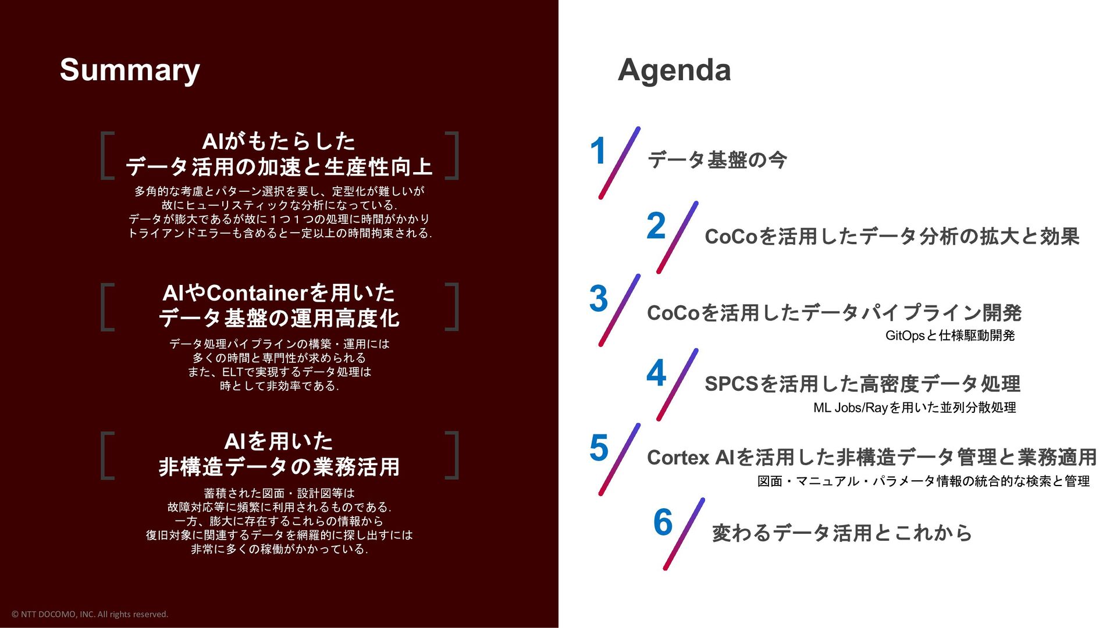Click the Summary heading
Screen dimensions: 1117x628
click(130, 70)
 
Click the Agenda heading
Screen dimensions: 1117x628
click(674, 70)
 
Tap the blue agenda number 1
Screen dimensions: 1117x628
click(599, 151)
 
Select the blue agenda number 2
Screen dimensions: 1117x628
click(656, 226)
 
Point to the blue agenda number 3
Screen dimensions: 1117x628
click(599, 298)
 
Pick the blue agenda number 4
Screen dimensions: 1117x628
click(656, 373)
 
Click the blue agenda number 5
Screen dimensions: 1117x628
click(599, 448)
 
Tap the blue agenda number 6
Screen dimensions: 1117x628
click(663, 522)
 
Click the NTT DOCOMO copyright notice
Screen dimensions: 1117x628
click(90, 614)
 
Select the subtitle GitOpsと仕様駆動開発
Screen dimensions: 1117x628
click(950, 336)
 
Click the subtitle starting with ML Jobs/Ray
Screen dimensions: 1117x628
click(915, 408)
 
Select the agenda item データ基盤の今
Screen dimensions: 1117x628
click(717, 160)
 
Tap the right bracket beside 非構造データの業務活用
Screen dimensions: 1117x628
click(452, 455)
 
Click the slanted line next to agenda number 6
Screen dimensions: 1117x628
click(684, 534)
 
